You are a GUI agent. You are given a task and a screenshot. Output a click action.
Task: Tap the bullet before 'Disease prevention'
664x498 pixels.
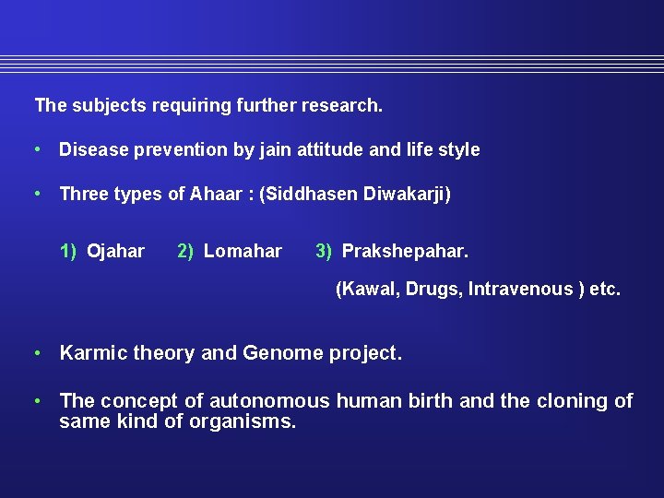click(36, 149)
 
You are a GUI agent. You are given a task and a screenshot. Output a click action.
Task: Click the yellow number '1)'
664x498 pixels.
click(69, 251)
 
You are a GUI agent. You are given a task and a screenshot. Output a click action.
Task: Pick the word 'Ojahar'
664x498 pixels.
click(115, 251)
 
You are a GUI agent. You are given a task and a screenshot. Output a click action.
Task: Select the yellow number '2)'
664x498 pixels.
click(185, 251)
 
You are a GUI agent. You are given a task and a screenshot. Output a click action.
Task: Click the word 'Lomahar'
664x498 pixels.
click(243, 251)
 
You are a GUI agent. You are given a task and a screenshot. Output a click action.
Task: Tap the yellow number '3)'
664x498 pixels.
click(324, 251)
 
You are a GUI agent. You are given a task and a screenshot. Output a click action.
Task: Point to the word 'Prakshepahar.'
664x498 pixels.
click(405, 251)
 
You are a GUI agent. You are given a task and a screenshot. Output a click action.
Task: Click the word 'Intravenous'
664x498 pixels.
click(520, 290)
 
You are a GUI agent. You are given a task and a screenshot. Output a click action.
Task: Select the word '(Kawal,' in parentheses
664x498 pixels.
click(366, 290)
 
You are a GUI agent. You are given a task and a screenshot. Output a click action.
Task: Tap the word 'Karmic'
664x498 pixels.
click(93, 353)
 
